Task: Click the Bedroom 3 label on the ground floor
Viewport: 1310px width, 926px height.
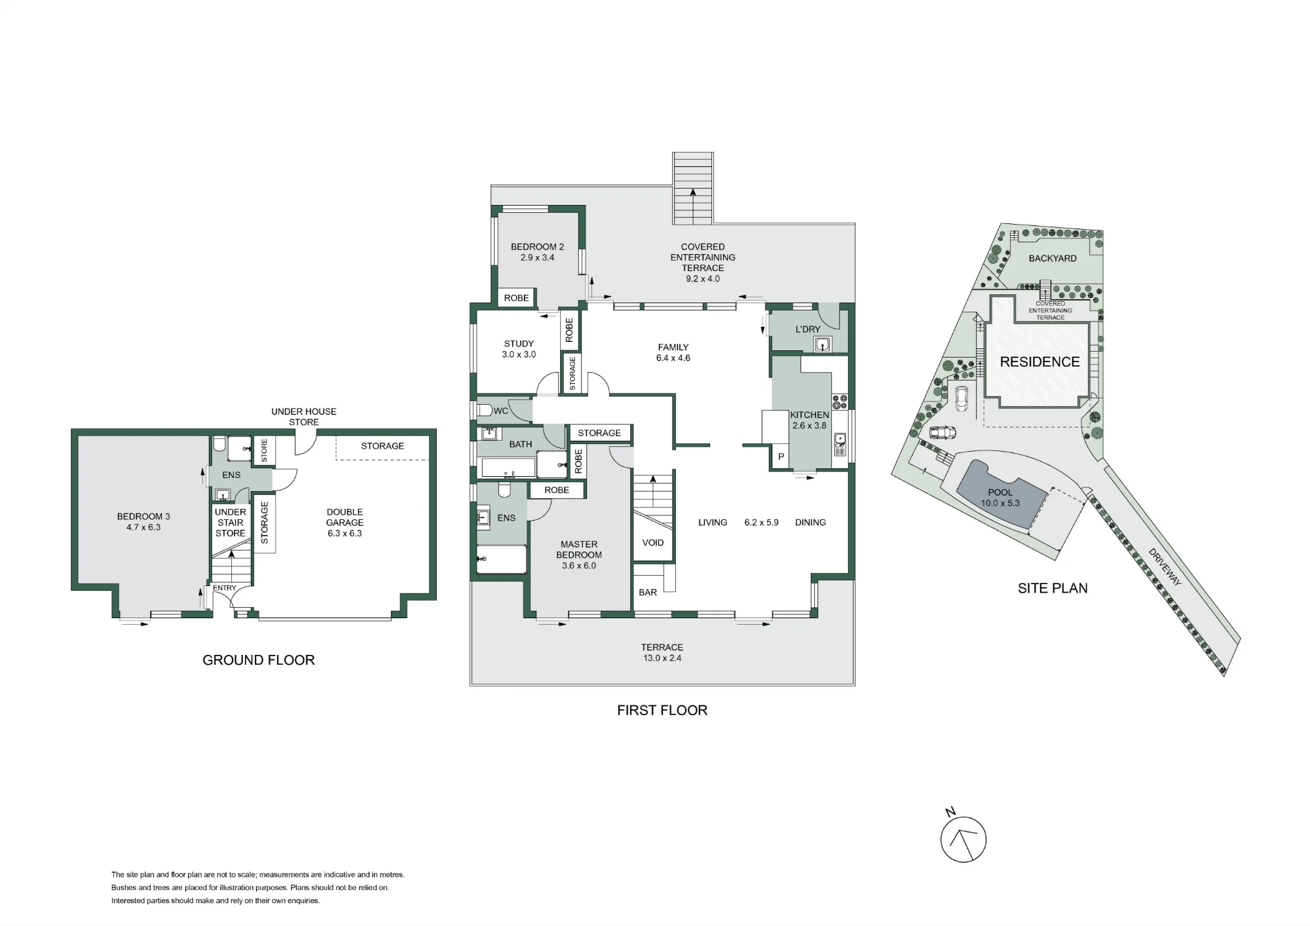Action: point(143,517)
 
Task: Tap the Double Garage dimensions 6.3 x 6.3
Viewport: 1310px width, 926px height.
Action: point(345,533)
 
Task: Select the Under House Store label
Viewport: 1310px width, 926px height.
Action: point(304,417)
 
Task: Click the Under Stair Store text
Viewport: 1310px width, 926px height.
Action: point(231,523)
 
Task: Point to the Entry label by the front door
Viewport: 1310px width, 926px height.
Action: point(225,588)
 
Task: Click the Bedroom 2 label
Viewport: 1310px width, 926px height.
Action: point(537,247)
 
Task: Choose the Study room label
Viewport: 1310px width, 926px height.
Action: point(519,344)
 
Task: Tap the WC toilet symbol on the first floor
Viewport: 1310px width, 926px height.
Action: point(485,411)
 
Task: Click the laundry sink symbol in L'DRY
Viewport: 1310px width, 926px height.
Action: point(823,344)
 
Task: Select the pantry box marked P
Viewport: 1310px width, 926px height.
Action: point(780,456)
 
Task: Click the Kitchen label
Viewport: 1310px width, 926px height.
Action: point(810,415)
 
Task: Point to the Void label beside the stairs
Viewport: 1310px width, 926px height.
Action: point(653,543)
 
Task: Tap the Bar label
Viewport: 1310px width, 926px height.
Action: point(648,593)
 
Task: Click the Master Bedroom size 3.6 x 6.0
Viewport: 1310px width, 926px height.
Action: point(579,566)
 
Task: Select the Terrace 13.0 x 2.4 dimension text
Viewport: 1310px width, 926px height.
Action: point(662,658)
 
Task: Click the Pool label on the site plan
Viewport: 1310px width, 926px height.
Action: point(1000,492)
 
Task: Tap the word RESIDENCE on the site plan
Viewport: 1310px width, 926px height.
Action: point(1039,362)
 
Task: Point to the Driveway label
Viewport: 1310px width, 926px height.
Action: point(1165,567)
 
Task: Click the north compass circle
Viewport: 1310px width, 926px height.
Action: point(964,840)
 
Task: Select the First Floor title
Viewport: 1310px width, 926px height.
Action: point(662,711)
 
